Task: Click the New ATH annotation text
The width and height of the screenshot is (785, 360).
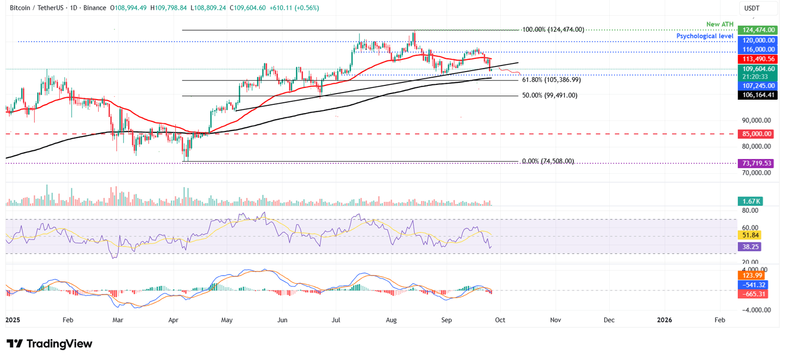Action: click(x=720, y=25)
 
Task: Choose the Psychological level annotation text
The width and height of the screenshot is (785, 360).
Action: click(x=705, y=36)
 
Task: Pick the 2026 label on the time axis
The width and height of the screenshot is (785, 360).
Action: click(x=664, y=320)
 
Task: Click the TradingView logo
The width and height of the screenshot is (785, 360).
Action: click(x=50, y=344)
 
